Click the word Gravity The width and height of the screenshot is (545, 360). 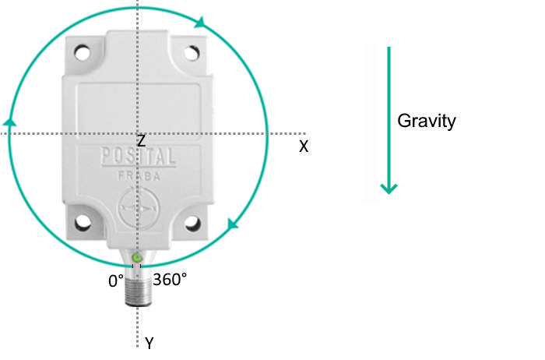tap(426, 122)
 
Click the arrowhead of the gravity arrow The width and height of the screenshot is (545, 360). tap(389, 188)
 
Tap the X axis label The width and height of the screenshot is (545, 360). tap(304, 146)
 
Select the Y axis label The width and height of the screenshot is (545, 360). tap(149, 344)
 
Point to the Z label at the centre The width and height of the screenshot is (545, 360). tap(141, 140)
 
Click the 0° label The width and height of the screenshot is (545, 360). tap(116, 281)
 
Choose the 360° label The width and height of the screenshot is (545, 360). tap(170, 279)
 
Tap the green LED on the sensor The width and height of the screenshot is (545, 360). tap(137, 258)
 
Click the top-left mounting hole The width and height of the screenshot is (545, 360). tap(83, 53)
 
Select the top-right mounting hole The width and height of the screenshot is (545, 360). tap(192, 53)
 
